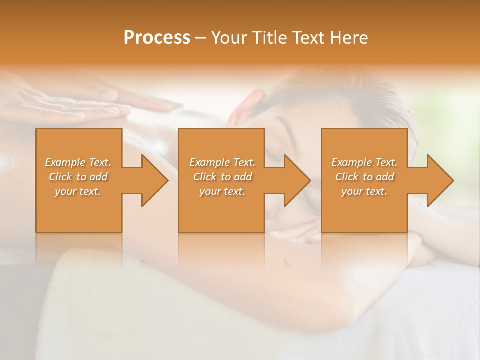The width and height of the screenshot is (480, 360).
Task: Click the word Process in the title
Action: (157, 38)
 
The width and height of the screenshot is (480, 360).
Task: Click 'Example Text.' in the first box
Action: (78, 162)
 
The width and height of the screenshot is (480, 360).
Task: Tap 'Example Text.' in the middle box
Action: (222, 162)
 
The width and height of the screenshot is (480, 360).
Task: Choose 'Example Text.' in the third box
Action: (364, 162)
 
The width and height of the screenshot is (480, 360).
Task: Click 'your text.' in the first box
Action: (78, 191)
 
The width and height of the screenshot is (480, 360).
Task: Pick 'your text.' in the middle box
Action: (222, 191)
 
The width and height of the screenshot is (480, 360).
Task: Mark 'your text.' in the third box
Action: (364, 191)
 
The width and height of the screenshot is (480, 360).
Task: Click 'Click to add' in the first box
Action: (78, 177)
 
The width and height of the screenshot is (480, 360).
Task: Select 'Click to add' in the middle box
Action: (222, 177)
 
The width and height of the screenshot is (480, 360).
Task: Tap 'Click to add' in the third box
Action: (364, 177)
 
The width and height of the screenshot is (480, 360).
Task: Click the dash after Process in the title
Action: (201, 38)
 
